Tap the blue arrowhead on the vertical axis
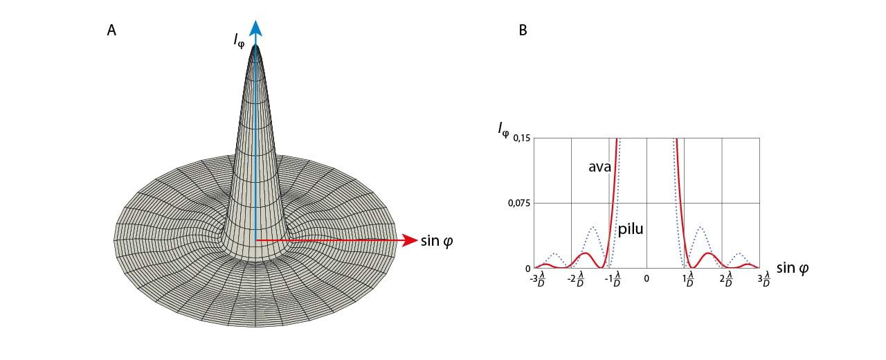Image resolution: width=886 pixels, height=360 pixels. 256,28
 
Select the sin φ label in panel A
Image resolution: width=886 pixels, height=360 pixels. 437,240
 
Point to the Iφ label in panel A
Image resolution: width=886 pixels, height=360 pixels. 239,39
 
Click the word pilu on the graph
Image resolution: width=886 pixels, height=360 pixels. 630,228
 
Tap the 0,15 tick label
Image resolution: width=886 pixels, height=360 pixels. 520,138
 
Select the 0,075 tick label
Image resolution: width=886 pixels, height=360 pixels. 518,203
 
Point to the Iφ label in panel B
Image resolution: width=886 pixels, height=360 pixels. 504,128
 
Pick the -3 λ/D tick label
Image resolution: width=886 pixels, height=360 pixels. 537,280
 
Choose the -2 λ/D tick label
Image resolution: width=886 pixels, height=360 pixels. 575,280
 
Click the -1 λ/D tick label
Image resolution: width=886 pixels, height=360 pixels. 613,280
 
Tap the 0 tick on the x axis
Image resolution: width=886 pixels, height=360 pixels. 647,278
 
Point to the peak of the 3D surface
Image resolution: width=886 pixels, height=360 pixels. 256,47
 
